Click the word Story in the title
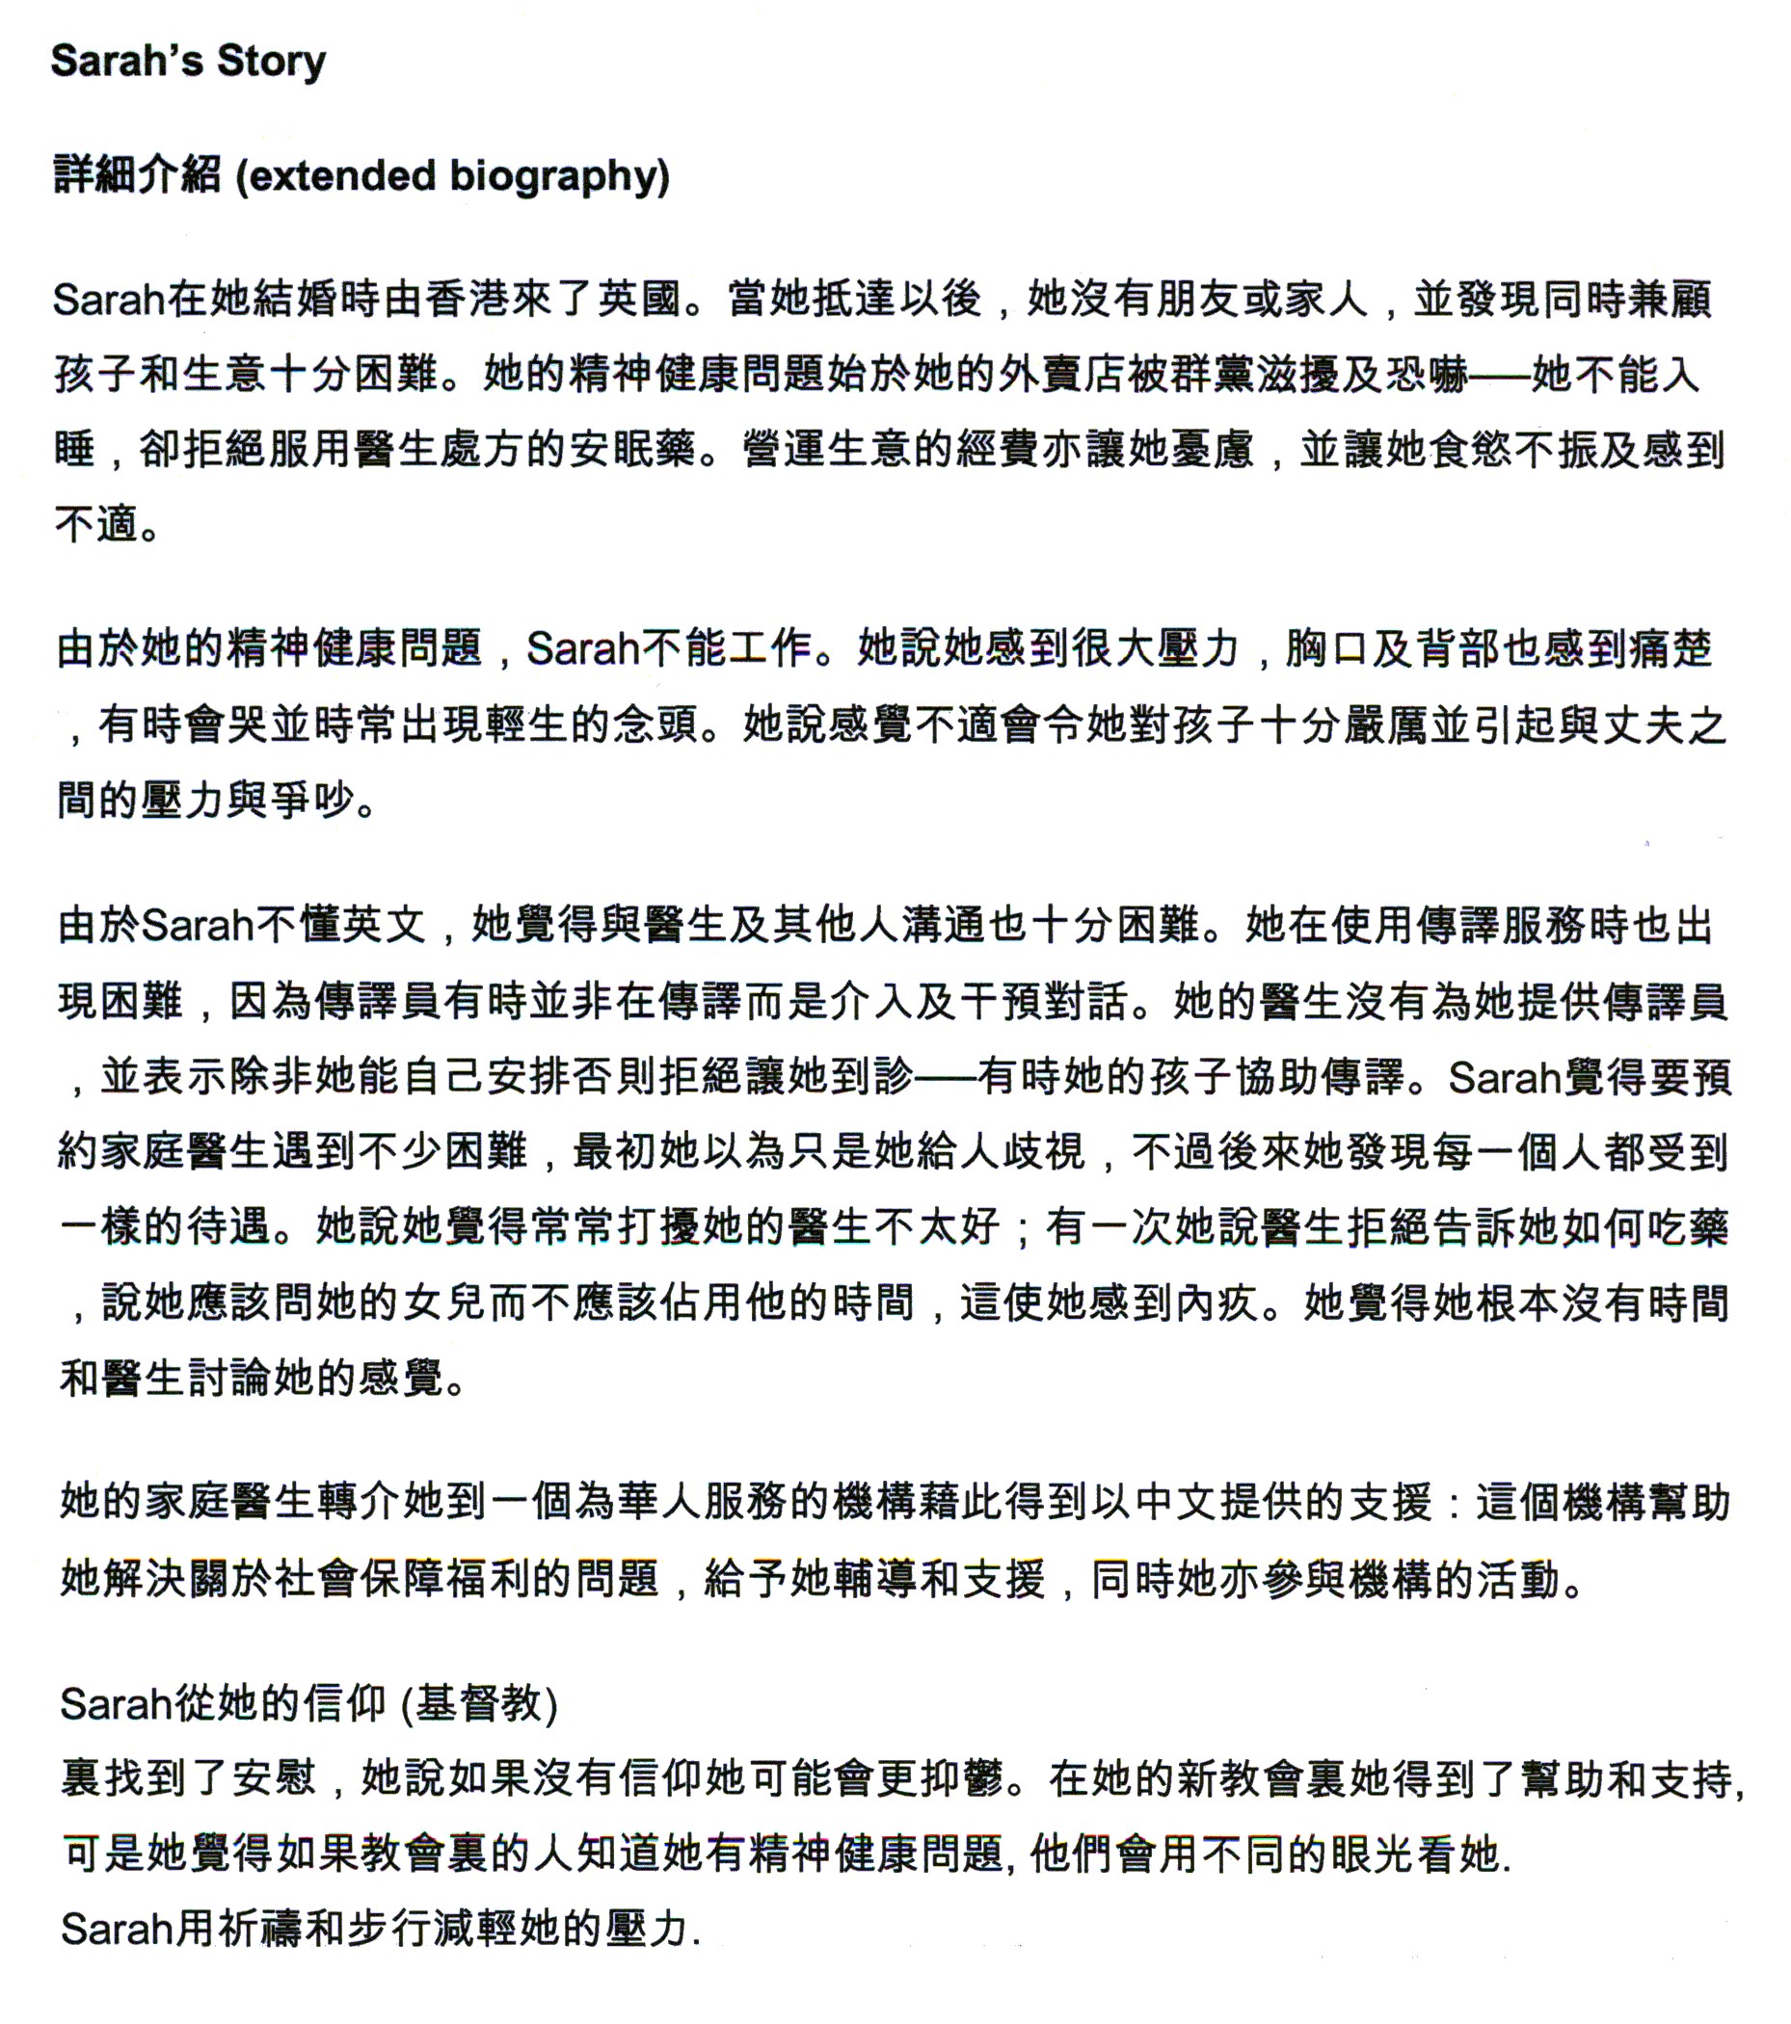272,62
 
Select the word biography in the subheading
552,176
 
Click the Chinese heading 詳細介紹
137,176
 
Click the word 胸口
1327,649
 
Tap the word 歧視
1044,1151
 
